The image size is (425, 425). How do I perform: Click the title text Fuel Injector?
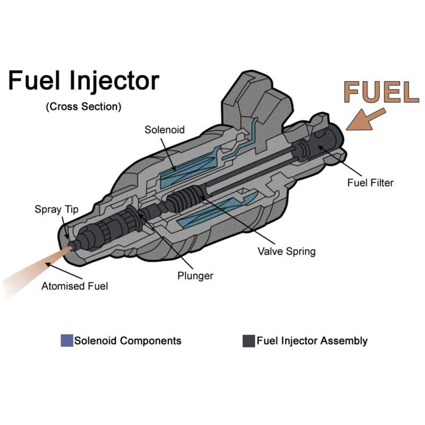tap(83, 81)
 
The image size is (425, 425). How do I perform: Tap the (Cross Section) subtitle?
tap(83, 106)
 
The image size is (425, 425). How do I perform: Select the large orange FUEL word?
tap(380, 92)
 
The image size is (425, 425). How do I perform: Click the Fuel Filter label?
tap(370, 183)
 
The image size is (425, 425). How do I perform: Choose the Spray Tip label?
tap(56, 209)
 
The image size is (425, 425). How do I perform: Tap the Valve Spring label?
tap(286, 251)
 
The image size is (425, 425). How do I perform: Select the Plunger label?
tap(195, 276)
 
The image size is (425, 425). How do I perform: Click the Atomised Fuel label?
tap(75, 286)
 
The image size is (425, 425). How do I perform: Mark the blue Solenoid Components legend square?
tap(67, 341)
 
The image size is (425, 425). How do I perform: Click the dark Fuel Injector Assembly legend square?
tap(249, 341)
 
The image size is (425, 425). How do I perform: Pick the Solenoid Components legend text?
tap(127, 341)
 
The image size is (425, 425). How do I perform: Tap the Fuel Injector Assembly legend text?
tap(312, 341)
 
